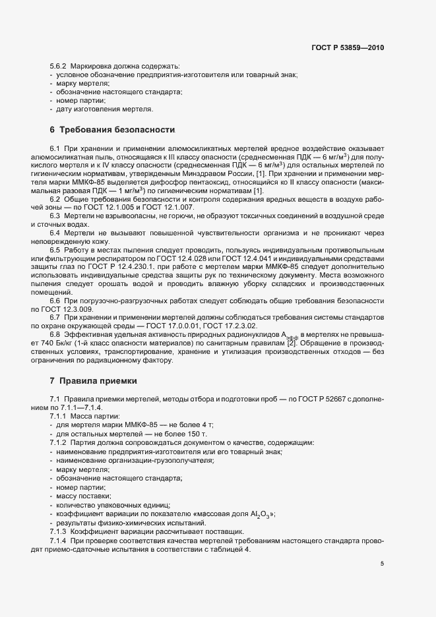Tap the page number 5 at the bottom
tap(382, 564)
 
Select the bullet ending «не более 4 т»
tap(109, 425)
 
